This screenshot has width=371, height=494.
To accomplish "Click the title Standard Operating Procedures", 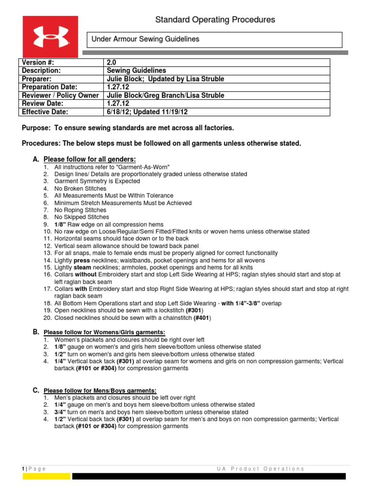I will (x=215, y=20).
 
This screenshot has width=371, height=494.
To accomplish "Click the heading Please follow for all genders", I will (x=89, y=159).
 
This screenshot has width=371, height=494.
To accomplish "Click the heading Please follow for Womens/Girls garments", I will (x=104, y=332).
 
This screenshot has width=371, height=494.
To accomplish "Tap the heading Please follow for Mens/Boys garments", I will (x=100, y=390).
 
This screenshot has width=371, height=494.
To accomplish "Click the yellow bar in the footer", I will (x=46, y=476).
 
